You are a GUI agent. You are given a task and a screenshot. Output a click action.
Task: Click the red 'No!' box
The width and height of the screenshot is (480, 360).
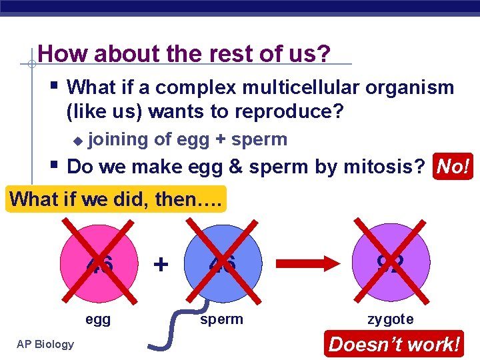click(453, 166)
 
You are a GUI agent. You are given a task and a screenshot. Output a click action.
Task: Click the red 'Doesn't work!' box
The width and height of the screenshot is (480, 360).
click(394, 345)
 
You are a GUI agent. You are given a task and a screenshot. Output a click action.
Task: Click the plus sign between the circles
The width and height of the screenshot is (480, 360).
click(161, 264)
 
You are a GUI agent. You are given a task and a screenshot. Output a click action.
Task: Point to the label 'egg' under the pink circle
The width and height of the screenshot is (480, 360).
click(98, 319)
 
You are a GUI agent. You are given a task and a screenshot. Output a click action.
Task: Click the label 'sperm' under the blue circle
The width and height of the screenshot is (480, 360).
click(221, 319)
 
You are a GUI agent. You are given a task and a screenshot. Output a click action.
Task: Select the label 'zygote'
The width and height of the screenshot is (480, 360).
click(391, 319)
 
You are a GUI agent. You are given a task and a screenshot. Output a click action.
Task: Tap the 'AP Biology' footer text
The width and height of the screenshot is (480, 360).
click(44, 344)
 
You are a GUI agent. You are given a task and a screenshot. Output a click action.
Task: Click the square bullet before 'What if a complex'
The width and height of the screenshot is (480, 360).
click(55, 85)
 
